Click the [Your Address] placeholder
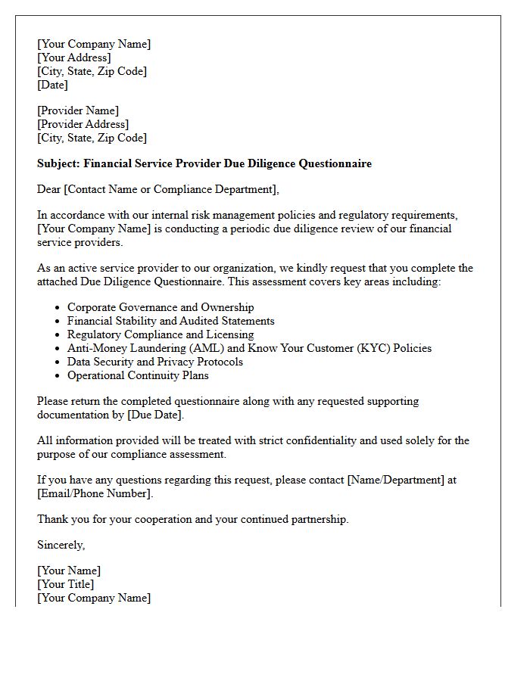tap(74, 58)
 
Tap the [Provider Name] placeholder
tap(78, 110)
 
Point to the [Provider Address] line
tap(83, 124)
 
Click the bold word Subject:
tap(58, 163)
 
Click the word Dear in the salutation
tap(49, 189)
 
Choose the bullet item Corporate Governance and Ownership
tap(161, 307)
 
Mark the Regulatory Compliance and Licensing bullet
tap(161, 334)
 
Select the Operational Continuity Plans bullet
tap(138, 375)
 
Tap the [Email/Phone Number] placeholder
tap(94, 493)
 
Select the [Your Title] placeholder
tap(66, 584)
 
